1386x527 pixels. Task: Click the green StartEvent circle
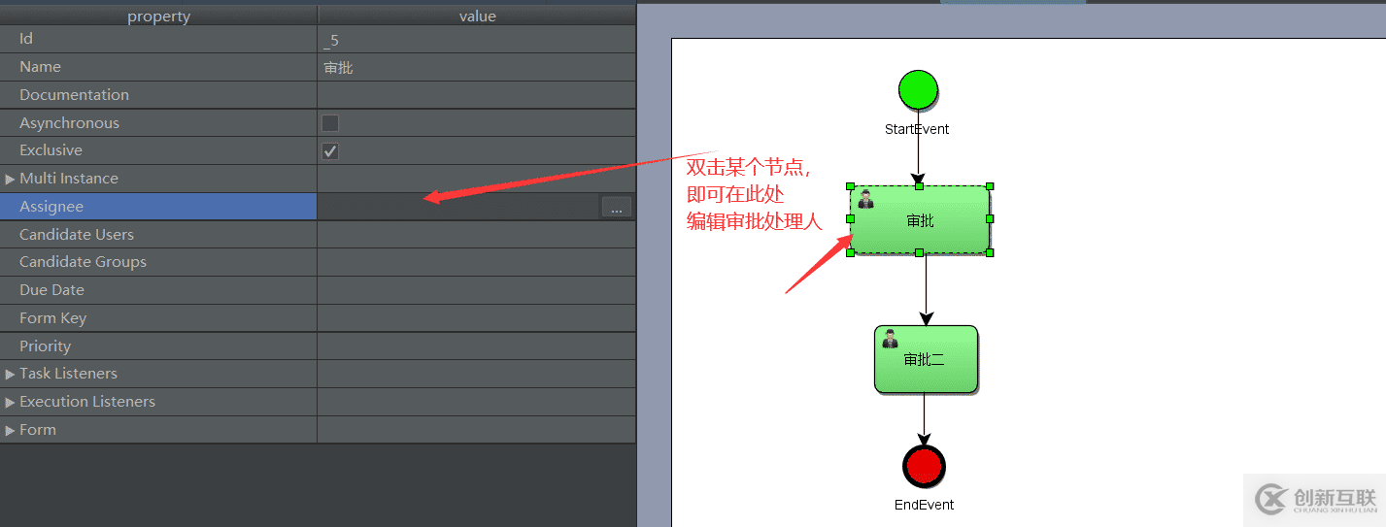click(x=918, y=89)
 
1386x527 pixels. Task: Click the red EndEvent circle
click(x=923, y=466)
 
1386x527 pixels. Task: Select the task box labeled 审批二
click(x=926, y=359)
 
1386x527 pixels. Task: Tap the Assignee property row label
click(x=51, y=207)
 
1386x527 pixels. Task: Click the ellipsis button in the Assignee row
click(x=616, y=208)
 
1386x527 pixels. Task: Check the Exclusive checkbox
click(x=330, y=151)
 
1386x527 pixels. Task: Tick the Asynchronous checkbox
click(x=330, y=123)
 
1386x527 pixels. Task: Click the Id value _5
click(x=331, y=40)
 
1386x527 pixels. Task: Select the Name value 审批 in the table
click(x=338, y=68)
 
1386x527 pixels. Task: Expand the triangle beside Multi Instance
click(x=11, y=179)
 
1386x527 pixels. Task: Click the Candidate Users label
click(x=77, y=235)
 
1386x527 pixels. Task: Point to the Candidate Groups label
click(x=83, y=262)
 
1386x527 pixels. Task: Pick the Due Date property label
click(x=51, y=290)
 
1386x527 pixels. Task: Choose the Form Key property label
click(x=53, y=318)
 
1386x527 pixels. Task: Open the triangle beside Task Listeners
click(x=11, y=374)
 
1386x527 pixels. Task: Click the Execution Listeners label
click(x=87, y=402)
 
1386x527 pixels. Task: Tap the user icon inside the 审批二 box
click(x=890, y=339)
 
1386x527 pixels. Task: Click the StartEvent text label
click(x=917, y=129)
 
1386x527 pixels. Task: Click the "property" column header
click(x=158, y=16)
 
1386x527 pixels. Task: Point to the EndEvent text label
click(x=924, y=505)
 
